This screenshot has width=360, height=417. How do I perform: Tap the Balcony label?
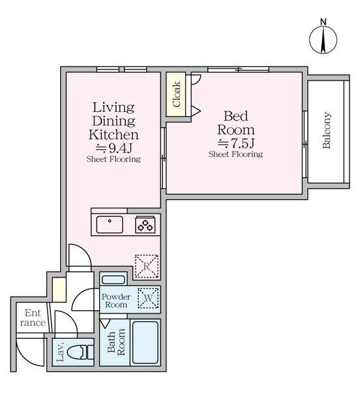(x=327, y=130)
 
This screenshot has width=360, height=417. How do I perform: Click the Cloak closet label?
(x=176, y=94)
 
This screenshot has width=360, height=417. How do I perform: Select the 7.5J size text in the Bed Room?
(x=236, y=143)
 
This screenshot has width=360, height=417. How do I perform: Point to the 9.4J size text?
(x=114, y=148)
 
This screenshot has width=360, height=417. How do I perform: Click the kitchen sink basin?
(x=110, y=225)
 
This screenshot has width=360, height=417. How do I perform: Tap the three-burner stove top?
(x=145, y=225)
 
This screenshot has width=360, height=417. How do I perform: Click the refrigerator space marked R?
(x=147, y=266)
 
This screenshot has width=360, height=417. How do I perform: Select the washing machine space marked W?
(x=148, y=298)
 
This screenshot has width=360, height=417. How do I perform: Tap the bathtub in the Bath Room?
(x=145, y=343)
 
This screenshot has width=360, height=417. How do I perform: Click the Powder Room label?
(x=116, y=300)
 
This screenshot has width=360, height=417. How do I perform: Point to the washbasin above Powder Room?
(x=113, y=280)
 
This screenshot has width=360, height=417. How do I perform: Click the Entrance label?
(x=33, y=317)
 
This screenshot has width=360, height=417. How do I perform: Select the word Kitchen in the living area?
(x=113, y=135)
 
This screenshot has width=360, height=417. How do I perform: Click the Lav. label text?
(x=60, y=352)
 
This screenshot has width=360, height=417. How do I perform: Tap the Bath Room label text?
(x=116, y=342)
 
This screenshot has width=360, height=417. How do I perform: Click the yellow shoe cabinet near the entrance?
(x=59, y=289)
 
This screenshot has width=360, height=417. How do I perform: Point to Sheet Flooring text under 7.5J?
(x=235, y=154)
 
